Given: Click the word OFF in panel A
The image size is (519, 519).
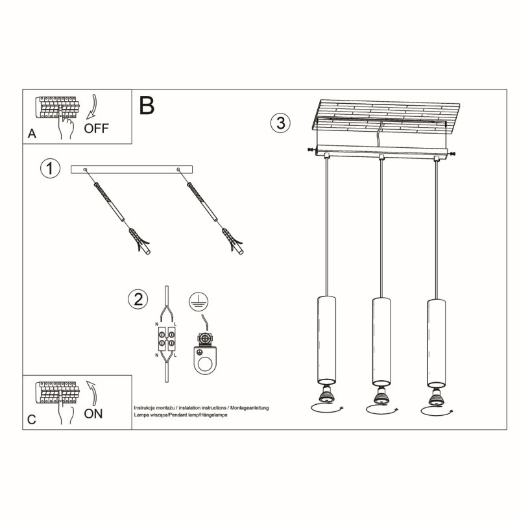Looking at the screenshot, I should click(97, 127).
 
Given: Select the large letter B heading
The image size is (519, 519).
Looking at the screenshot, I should click(147, 105).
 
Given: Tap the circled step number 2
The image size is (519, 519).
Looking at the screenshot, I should click(137, 299).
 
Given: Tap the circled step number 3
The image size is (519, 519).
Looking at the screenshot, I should click(280, 123).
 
